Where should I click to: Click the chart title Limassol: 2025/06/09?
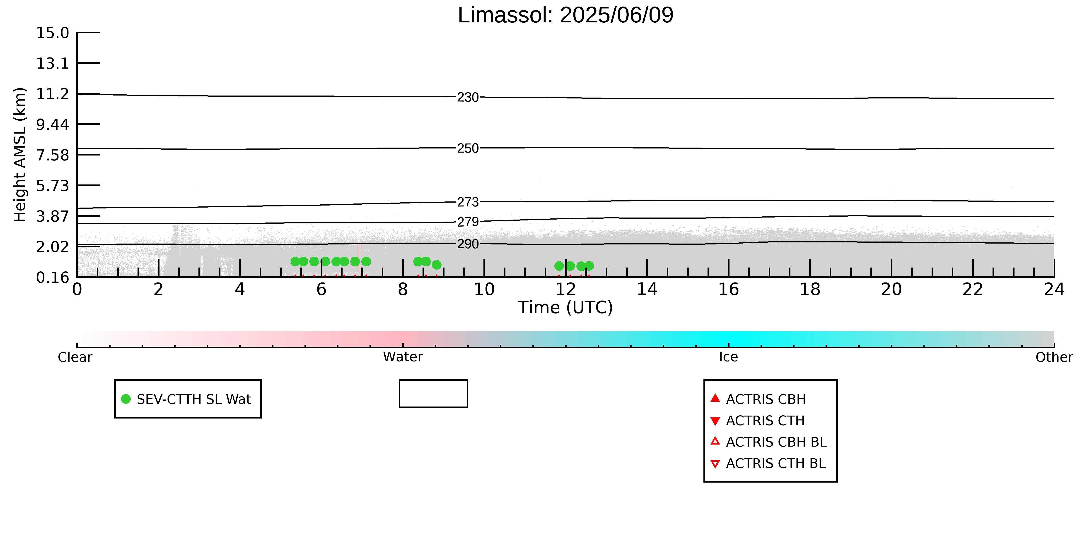[x=565, y=15]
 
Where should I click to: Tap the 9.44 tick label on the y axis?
[x=52, y=124]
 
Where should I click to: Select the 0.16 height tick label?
[x=52, y=277]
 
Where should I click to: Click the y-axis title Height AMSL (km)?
[x=20, y=155]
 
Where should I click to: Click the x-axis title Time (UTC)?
[x=565, y=307]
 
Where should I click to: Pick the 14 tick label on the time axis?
[x=647, y=290]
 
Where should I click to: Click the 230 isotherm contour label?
[x=468, y=97]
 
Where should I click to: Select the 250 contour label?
[x=468, y=148]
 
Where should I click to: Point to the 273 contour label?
[x=468, y=202]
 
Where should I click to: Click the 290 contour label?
[x=468, y=244]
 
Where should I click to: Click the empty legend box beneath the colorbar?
[x=433, y=394]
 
